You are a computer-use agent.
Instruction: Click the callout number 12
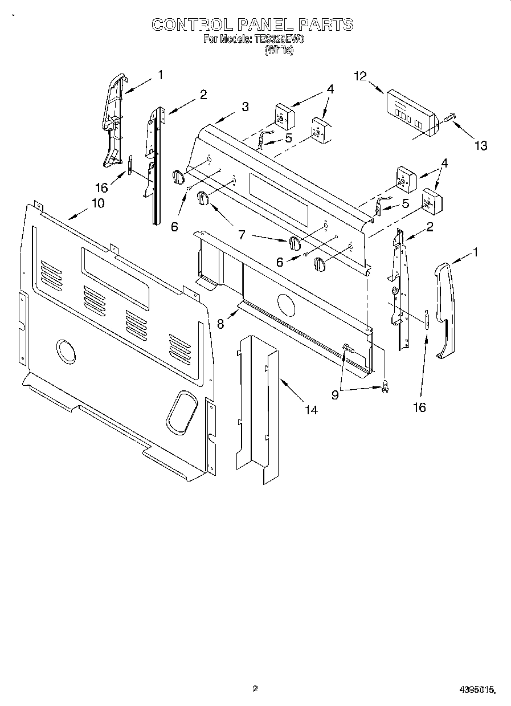click(x=359, y=76)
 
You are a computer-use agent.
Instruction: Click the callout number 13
click(x=481, y=146)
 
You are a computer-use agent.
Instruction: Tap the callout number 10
click(x=97, y=203)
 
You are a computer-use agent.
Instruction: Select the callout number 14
click(x=310, y=409)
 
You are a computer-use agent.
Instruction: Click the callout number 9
click(x=335, y=394)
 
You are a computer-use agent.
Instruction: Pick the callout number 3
click(x=244, y=106)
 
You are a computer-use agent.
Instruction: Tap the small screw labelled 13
click(x=449, y=118)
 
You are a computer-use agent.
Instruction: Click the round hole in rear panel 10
click(x=66, y=351)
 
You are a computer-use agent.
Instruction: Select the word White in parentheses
click(x=279, y=50)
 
